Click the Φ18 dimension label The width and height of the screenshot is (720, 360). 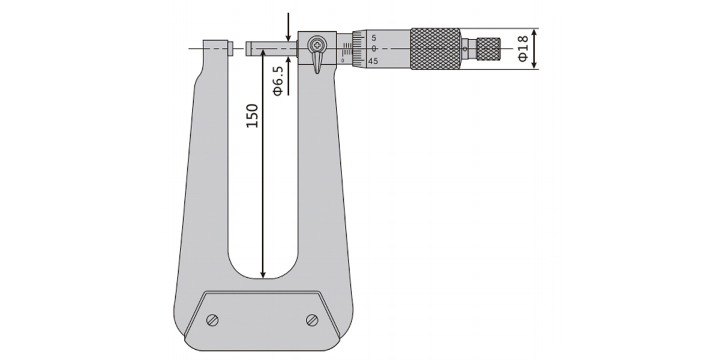523,48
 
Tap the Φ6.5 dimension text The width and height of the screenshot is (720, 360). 278,81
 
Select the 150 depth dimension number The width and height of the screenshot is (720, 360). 253,116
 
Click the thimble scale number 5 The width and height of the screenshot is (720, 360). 374,38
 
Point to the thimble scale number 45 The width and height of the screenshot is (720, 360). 373,61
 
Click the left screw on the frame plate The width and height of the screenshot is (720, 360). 213,320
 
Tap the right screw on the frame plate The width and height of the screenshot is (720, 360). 312,320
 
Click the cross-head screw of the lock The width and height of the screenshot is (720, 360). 317,45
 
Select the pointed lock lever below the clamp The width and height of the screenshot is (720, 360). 317,64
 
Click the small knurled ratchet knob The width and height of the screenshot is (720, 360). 488,49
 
